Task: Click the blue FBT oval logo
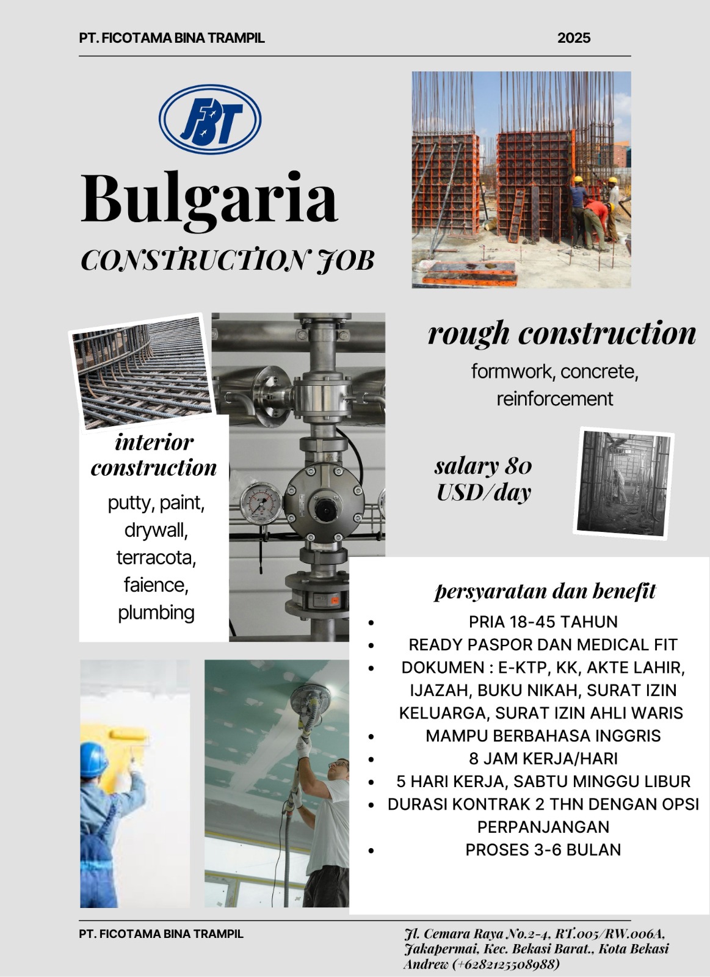tap(210, 119)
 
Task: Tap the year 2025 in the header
tap(574, 38)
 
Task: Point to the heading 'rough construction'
tap(562, 333)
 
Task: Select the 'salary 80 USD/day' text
tap(484, 479)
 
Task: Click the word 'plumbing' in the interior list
tap(156, 612)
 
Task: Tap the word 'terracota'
tap(156, 558)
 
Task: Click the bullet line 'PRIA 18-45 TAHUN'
tap(543, 622)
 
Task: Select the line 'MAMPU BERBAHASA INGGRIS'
tap(543, 735)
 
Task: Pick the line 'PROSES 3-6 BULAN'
tap(543, 849)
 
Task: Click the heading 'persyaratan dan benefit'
tap(545, 591)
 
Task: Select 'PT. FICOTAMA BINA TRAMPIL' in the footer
tap(161, 934)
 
